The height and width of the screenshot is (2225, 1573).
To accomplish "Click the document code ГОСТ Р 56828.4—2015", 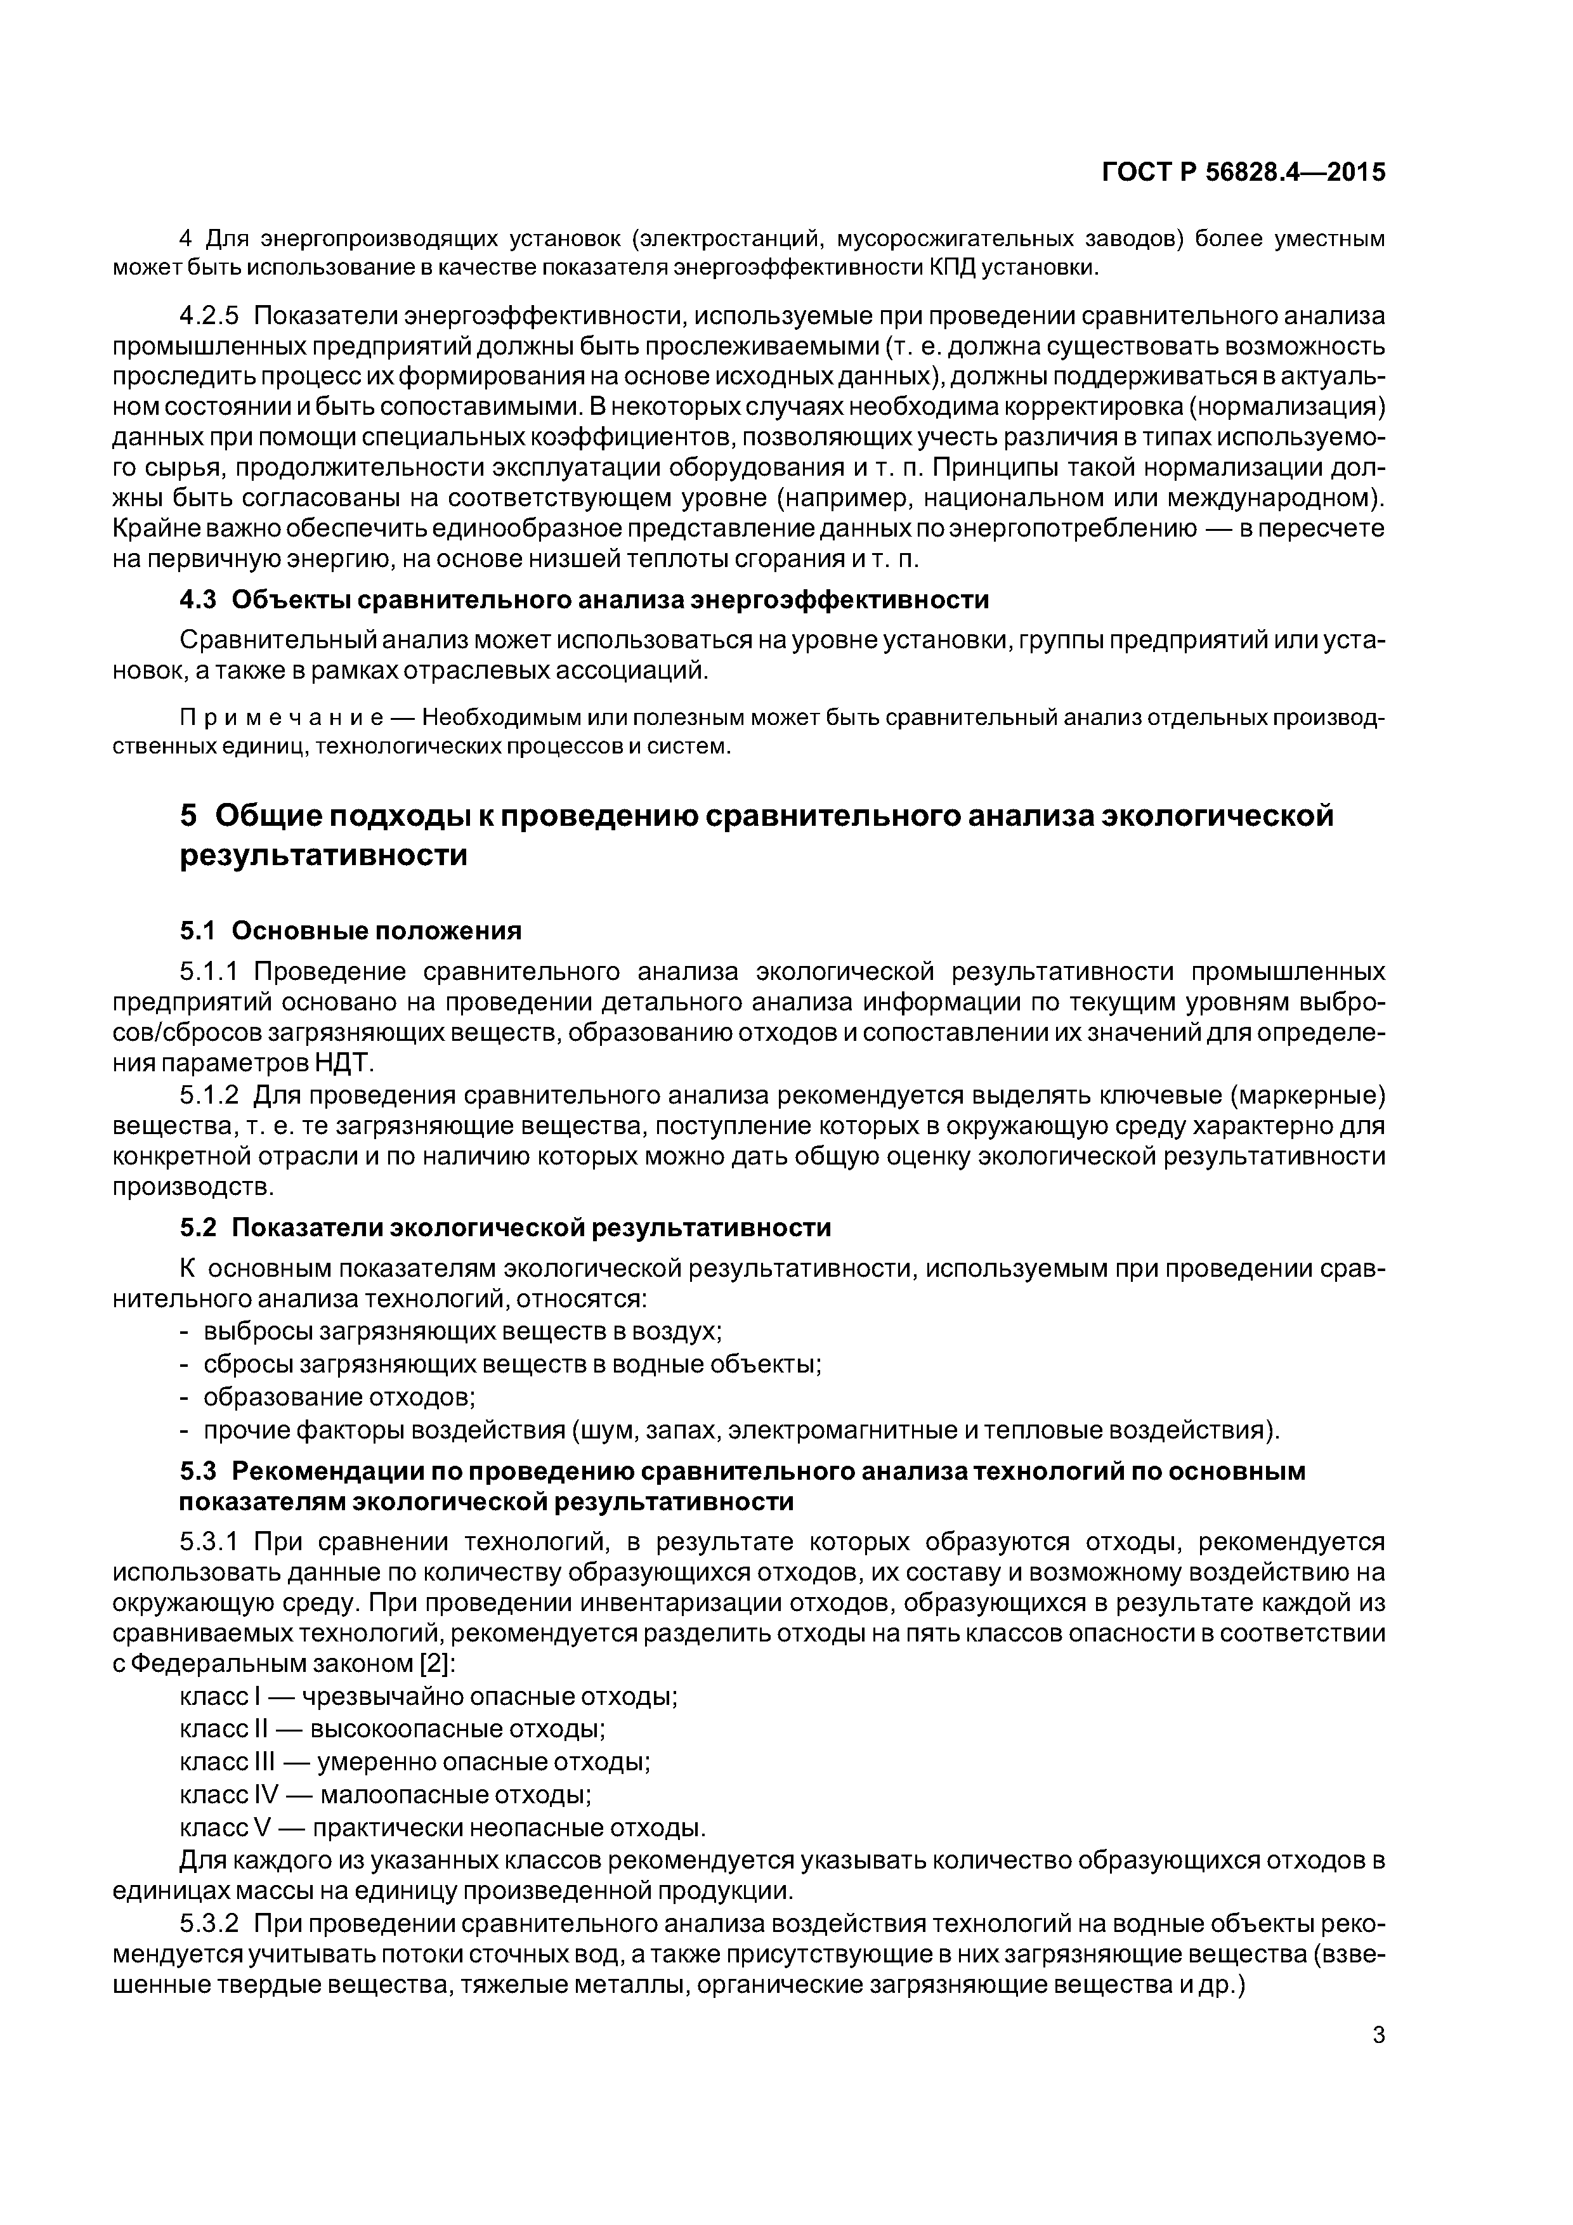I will pos(1243,173).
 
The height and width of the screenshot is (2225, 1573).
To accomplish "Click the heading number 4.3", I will pos(198,600).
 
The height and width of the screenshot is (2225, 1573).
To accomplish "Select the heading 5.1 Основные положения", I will pos(350,930).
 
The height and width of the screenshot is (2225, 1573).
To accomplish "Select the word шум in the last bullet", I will pos(608,1430).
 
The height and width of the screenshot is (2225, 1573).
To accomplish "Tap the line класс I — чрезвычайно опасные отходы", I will pos(428,1697).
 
